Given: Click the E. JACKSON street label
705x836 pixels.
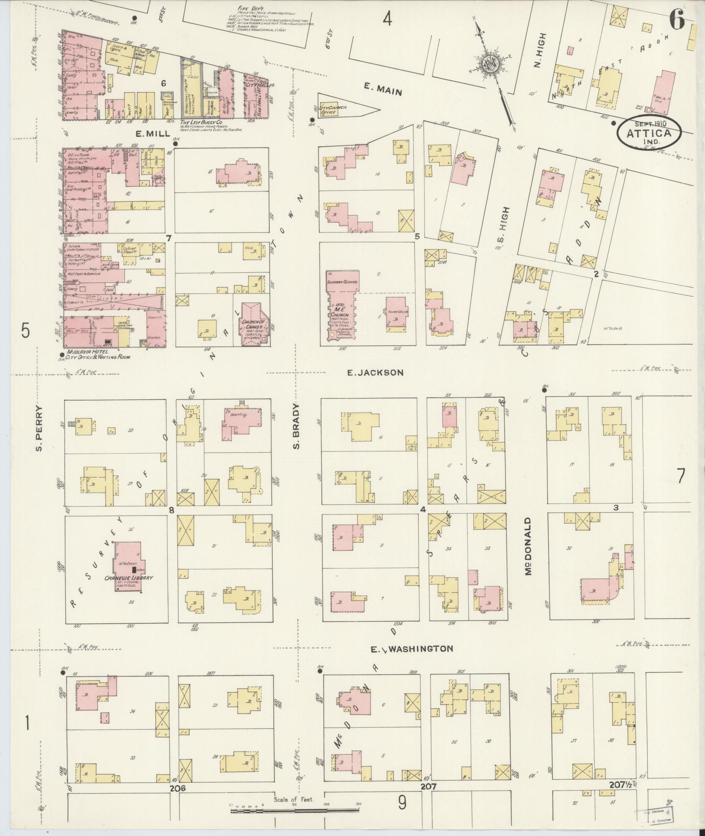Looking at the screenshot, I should [x=375, y=372].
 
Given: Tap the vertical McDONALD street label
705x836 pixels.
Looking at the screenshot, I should [x=528, y=546].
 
